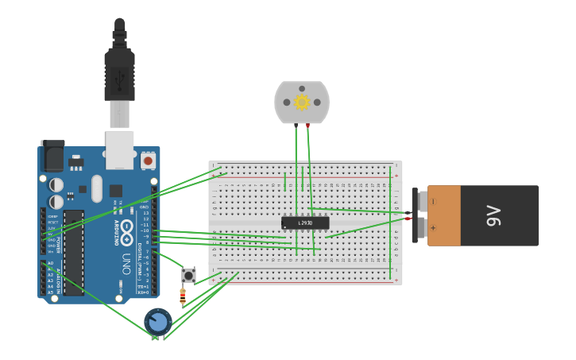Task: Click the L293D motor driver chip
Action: [x=305, y=223]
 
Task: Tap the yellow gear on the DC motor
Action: [x=302, y=102]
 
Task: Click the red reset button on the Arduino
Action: [x=148, y=161]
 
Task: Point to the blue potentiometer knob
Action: [x=158, y=322]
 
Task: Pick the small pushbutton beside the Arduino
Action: [x=188, y=275]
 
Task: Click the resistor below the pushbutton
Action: [x=183, y=296]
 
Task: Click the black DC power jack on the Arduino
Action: [x=52, y=156]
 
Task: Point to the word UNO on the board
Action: [x=126, y=263]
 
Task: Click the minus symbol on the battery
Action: [x=433, y=201]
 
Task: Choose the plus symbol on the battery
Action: [x=433, y=229]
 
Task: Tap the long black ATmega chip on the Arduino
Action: [x=74, y=252]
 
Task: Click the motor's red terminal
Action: [x=307, y=126]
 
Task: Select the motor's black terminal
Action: [x=296, y=126]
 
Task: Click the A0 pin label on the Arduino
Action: [x=50, y=263]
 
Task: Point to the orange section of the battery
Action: [x=445, y=215]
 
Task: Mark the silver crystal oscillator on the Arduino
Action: [x=97, y=188]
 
